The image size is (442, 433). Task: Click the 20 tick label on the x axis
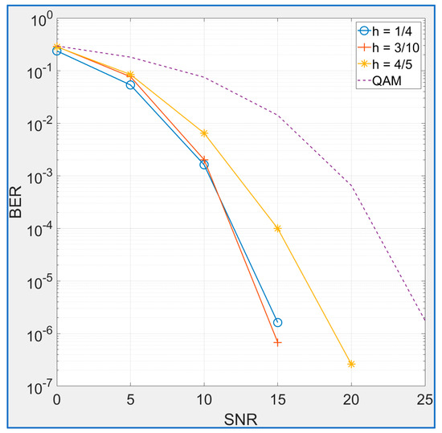click(351, 399)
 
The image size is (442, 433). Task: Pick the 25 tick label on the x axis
click(424, 399)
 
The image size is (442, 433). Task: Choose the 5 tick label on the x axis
click(130, 399)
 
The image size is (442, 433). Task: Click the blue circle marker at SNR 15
click(277, 322)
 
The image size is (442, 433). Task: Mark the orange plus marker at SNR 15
click(277, 342)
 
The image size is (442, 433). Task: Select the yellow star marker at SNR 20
click(351, 364)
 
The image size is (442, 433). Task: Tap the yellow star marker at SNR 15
click(277, 228)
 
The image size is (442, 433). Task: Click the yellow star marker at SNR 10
click(204, 133)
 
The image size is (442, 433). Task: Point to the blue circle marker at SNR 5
click(130, 84)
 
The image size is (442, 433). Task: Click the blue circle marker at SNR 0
click(56, 51)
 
